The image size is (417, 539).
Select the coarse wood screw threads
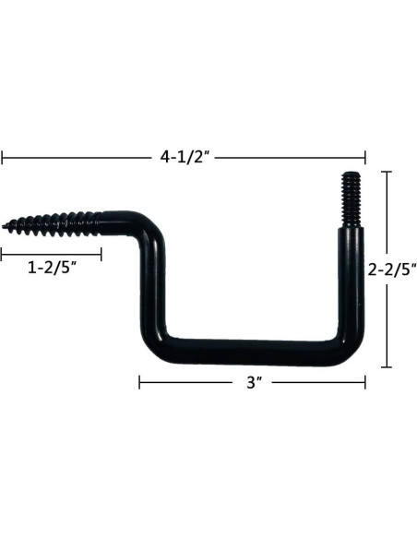point(55,222)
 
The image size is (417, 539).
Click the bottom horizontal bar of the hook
point(249,352)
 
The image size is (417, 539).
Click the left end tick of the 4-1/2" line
point(2,158)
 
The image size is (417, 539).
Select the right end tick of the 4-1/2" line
point(365,158)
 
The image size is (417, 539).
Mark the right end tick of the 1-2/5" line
point(101,253)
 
